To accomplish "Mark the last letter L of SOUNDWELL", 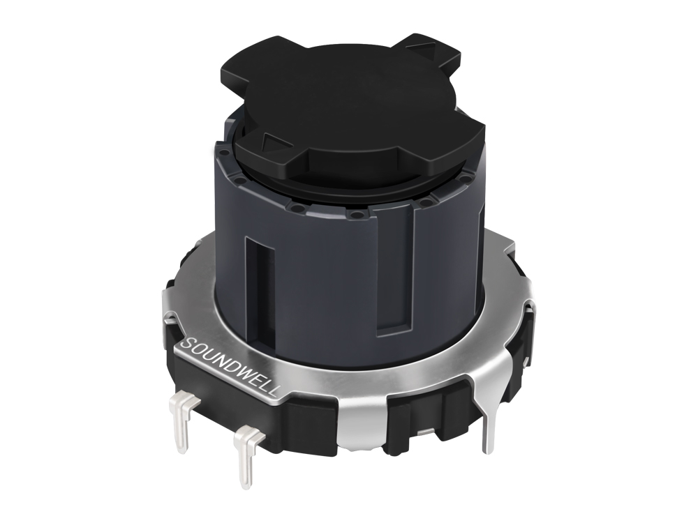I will tap(274, 393).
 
